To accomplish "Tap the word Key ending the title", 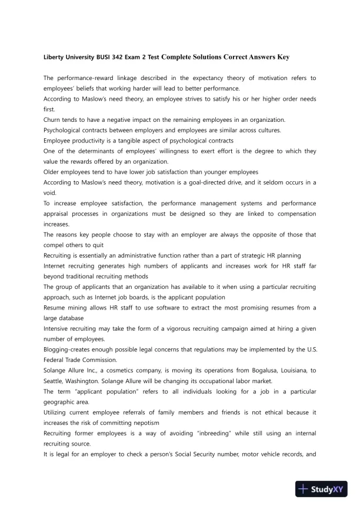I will (282, 57).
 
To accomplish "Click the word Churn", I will (53, 119).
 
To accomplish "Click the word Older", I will (53, 172).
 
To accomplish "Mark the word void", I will (52, 193).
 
